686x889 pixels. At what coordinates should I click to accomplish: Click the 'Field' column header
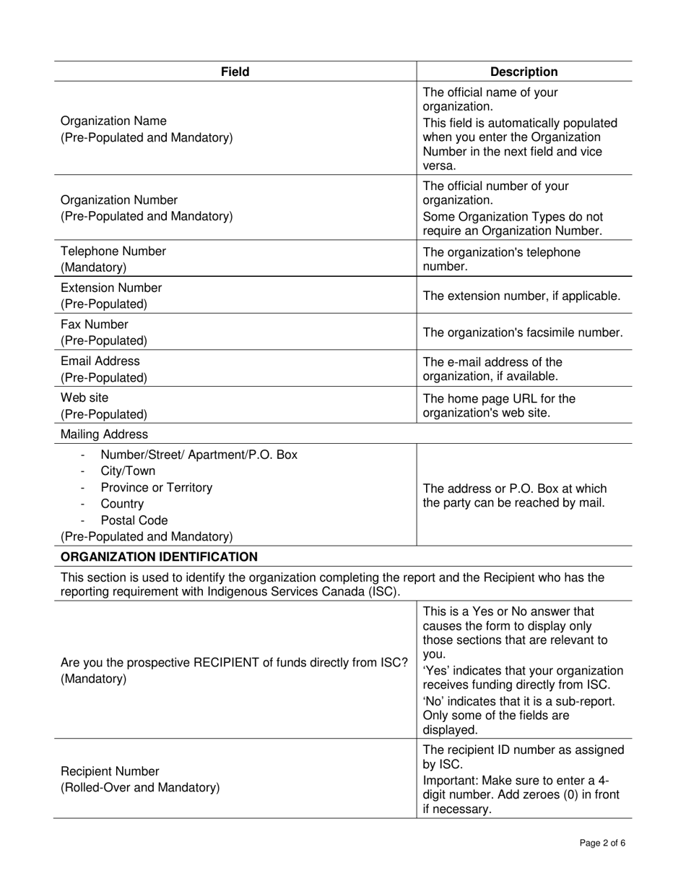[x=235, y=72]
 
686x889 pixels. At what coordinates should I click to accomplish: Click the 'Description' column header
[x=524, y=72]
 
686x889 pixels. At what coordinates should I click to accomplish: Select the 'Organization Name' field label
[x=113, y=121]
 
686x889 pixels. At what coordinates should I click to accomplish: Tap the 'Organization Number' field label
[x=119, y=199]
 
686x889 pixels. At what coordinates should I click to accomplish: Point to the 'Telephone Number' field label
[x=113, y=251]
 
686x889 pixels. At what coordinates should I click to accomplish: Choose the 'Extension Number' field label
[x=111, y=288]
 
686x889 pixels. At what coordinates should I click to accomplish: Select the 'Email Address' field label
[x=100, y=361]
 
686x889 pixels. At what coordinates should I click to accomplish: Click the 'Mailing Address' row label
[x=104, y=434]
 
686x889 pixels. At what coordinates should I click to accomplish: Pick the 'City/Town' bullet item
[x=128, y=471]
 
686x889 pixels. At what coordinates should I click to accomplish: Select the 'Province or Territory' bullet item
[x=157, y=487]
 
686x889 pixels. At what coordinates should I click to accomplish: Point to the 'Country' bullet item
[x=122, y=504]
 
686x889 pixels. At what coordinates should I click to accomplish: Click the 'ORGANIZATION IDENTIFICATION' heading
[x=159, y=557]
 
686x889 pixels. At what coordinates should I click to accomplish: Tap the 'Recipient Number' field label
[x=110, y=771]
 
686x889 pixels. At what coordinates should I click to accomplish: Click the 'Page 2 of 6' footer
[x=602, y=843]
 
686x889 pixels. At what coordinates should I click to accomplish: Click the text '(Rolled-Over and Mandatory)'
[x=140, y=787]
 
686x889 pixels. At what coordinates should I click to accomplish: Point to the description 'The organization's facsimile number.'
[x=523, y=332]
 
